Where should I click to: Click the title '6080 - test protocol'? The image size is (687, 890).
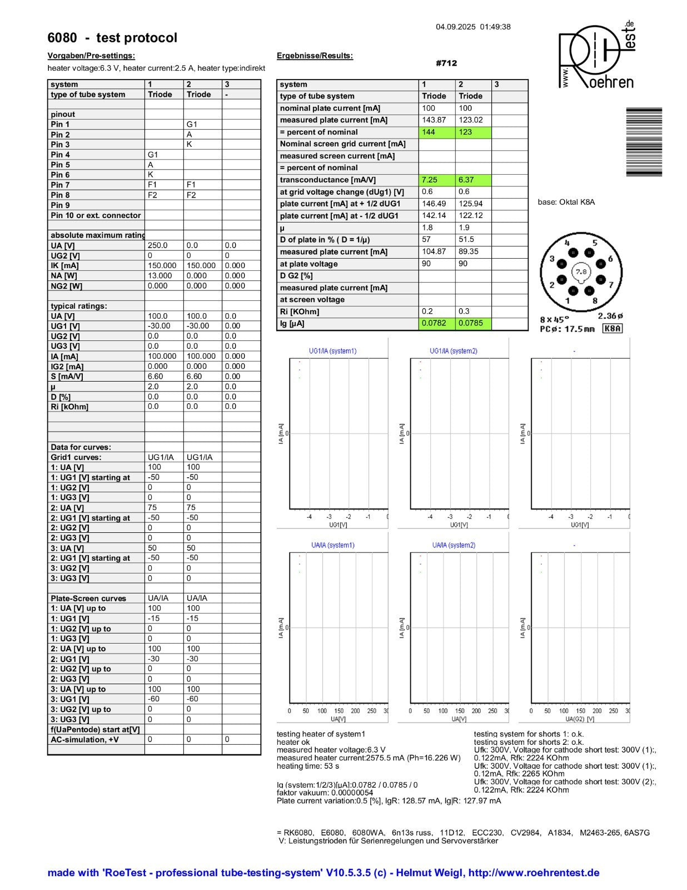click(x=112, y=38)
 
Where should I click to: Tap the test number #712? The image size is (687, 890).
click(x=446, y=63)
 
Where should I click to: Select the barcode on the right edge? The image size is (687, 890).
click(x=644, y=142)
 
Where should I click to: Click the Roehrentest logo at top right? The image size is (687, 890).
click(x=597, y=56)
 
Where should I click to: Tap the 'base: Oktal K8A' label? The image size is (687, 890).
click(x=566, y=202)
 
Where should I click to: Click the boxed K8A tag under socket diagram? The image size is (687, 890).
click(x=613, y=329)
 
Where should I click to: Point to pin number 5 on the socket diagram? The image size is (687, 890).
click(x=594, y=243)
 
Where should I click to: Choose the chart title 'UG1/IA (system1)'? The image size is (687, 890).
click(x=332, y=351)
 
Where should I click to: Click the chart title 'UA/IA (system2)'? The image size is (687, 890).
click(x=454, y=545)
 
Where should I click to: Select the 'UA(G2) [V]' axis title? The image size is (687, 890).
click(x=580, y=719)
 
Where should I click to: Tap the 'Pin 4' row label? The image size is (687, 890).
click(x=61, y=155)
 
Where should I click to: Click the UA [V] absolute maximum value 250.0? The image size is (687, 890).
click(x=157, y=245)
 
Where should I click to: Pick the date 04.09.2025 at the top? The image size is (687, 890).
click(x=455, y=27)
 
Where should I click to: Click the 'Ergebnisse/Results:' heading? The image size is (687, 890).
click(x=315, y=56)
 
